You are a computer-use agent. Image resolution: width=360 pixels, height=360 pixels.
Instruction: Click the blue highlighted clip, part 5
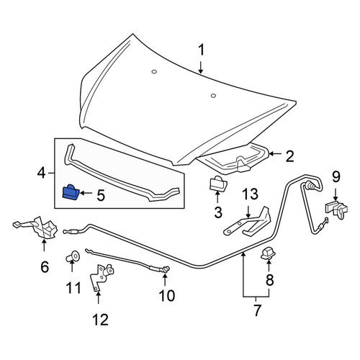(71, 192)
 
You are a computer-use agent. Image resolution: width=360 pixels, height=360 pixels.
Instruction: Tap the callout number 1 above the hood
(201, 50)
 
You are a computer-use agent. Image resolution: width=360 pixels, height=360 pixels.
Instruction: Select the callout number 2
(289, 156)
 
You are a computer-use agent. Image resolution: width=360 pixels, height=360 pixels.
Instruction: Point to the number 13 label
(250, 194)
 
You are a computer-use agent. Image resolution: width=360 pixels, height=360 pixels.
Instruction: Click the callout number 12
(101, 320)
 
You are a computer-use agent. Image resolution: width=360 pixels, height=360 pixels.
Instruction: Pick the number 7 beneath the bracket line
(257, 310)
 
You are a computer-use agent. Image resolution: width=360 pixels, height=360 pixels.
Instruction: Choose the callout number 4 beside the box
(41, 173)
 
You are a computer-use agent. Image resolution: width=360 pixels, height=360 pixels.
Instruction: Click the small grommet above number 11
(73, 256)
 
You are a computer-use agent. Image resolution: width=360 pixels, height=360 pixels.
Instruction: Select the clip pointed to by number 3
(218, 183)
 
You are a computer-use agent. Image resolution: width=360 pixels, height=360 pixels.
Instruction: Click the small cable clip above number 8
(268, 253)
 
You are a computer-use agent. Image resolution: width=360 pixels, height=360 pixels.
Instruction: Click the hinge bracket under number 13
(247, 221)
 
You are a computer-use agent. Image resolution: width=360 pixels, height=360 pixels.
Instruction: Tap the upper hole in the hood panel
(154, 71)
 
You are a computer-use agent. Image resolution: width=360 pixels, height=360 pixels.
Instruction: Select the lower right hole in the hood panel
(213, 96)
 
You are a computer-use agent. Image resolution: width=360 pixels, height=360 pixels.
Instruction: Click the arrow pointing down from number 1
(201, 67)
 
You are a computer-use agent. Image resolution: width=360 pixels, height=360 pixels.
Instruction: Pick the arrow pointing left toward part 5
(86, 193)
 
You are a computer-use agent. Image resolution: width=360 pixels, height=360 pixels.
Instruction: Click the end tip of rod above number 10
(166, 269)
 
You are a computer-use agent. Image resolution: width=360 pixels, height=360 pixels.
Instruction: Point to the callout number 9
(336, 177)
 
